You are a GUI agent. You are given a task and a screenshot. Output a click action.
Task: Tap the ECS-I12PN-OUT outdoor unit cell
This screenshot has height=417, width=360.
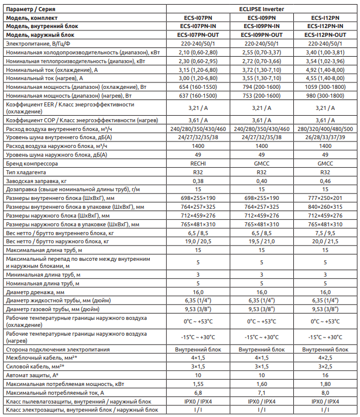click(324, 35)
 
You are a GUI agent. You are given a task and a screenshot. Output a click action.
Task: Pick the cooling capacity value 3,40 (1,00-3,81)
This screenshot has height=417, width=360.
click(324, 52)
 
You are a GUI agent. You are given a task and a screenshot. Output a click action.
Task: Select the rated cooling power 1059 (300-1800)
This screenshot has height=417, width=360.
click(324, 87)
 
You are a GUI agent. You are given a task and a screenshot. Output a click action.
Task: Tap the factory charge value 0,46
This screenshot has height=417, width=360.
click(324, 181)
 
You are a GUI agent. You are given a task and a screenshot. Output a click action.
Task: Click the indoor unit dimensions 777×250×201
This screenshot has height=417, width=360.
click(324, 198)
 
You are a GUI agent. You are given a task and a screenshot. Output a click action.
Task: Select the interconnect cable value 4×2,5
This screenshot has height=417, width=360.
click(324, 357)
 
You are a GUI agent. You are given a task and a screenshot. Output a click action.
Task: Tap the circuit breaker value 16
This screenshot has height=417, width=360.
click(324, 374)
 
